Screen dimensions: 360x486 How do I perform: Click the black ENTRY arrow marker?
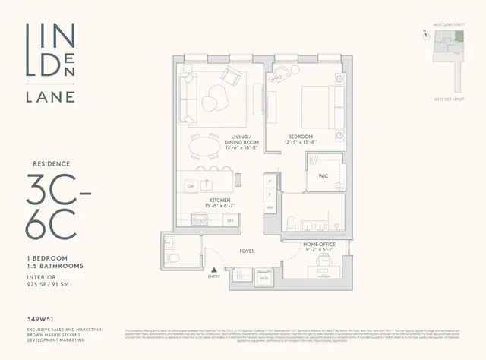click(x=215, y=270)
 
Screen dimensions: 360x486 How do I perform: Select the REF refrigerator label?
click(x=231, y=220)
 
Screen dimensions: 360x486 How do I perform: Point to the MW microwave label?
click(x=270, y=207)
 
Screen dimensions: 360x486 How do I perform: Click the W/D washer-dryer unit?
click(x=264, y=278)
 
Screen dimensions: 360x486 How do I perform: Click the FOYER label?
click(x=247, y=250)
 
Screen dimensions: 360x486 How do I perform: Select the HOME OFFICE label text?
click(x=319, y=244)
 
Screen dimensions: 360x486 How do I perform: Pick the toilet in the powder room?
click(x=172, y=258)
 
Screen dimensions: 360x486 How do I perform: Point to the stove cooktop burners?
click(x=200, y=220)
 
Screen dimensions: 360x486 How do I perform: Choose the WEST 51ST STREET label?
click(x=449, y=98)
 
